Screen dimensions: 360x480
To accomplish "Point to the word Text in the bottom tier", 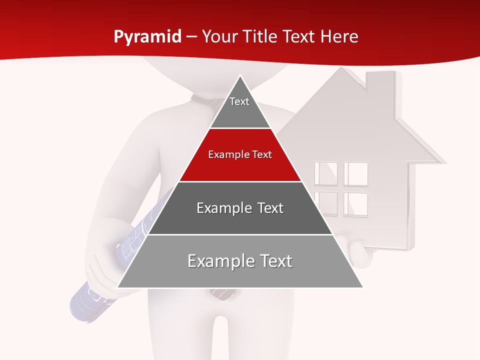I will (271, 261).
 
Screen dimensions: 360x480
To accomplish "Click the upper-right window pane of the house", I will (355, 173).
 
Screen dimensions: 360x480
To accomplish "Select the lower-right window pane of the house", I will (355, 203).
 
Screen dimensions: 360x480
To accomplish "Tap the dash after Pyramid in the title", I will (191, 37).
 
